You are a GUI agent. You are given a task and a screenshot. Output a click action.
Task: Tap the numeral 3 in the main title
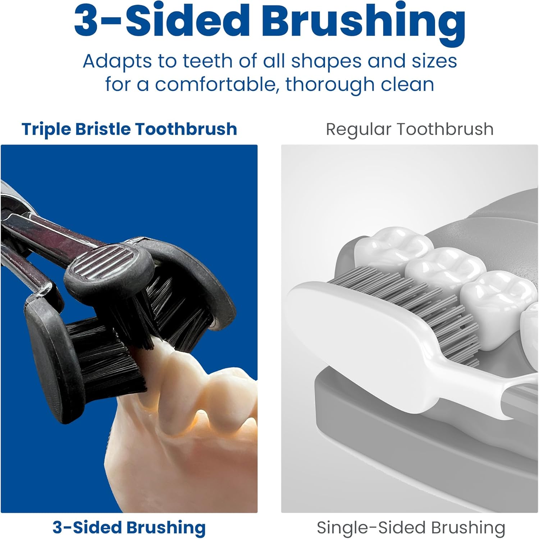[x=86, y=20]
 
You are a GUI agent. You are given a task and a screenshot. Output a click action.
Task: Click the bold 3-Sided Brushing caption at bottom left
[x=129, y=528]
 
